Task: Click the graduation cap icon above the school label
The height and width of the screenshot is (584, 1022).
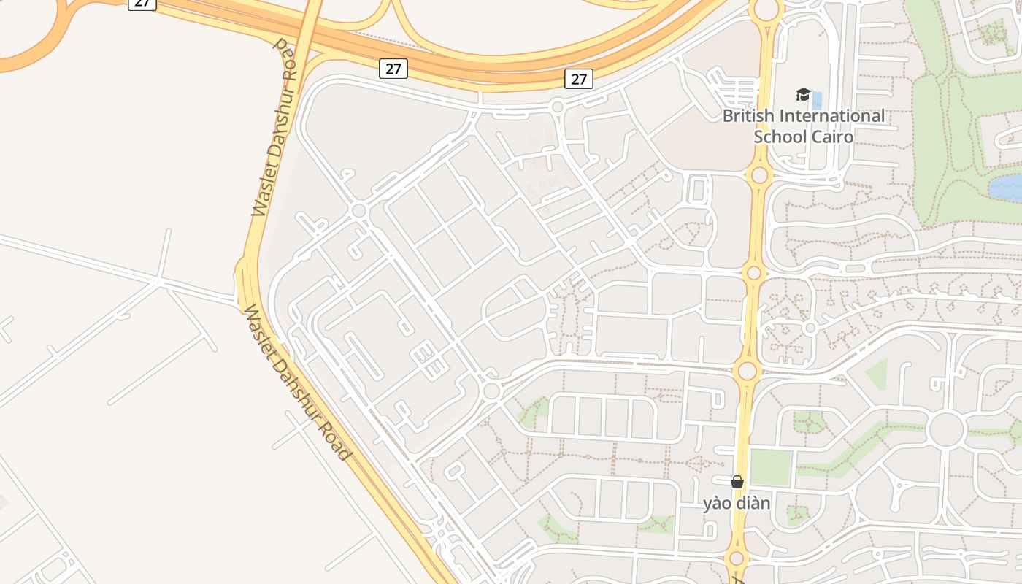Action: [x=803, y=95]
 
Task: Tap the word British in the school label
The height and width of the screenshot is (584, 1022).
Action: [x=749, y=116]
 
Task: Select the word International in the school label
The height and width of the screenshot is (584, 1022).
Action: [x=832, y=116]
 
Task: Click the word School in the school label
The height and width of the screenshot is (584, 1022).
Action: [x=780, y=137]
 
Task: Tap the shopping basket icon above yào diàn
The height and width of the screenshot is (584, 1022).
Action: [x=737, y=482]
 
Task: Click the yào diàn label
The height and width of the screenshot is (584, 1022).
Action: [x=736, y=503]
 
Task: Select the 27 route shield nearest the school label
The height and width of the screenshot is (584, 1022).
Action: [x=578, y=79]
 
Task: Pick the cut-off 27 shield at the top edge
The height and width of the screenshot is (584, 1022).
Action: [x=142, y=4]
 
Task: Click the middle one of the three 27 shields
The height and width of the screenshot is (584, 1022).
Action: [x=393, y=69]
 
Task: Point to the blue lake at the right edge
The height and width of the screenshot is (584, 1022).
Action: [x=1006, y=187]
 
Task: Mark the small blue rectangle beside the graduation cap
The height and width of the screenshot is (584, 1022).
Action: [x=817, y=100]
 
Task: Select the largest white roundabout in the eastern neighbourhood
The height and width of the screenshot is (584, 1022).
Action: [x=947, y=429]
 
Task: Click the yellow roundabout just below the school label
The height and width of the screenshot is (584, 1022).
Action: [x=760, y=175]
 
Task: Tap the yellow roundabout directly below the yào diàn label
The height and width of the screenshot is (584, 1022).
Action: [x=737, y=559]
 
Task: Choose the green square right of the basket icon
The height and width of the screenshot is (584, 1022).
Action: [x=771, y=467]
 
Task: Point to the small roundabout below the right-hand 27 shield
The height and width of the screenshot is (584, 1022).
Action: [x=557, y=107]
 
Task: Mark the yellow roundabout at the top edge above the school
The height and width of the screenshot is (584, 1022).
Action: [x=766, y=9]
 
